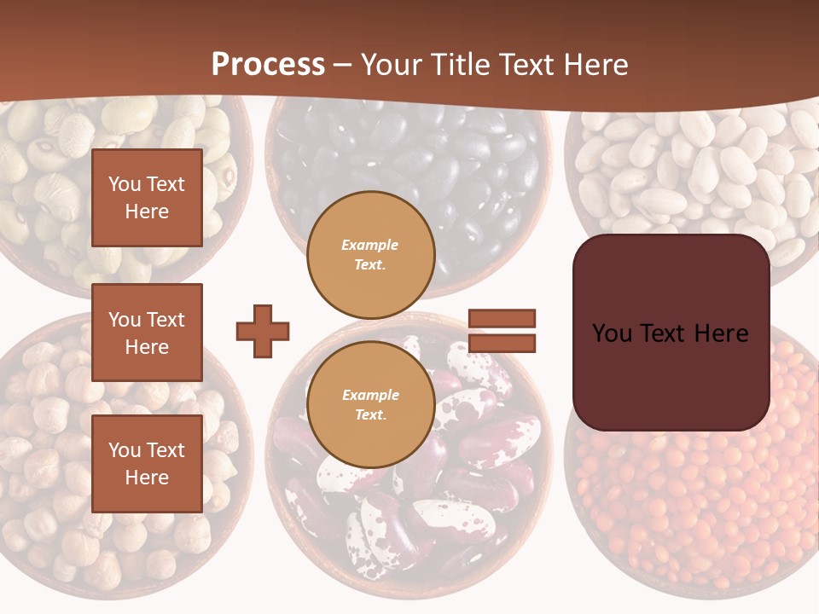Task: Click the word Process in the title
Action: click(x=268, y=65)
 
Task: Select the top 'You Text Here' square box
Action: click(x=147, y=198)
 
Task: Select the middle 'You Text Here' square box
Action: click(x=147, y=333)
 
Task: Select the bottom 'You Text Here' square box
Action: click(x=147, y=464)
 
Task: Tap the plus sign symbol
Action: click(x=263, y=331)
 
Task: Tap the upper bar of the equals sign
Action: click(x=502, y=318)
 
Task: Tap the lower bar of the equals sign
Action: click(x=502, y=344)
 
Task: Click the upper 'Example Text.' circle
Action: click(x=370, y=255)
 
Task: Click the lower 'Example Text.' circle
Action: click(x=370, y=405)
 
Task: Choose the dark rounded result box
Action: click(x=671, y=333)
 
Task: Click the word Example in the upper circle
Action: click(x=370, y=246)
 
